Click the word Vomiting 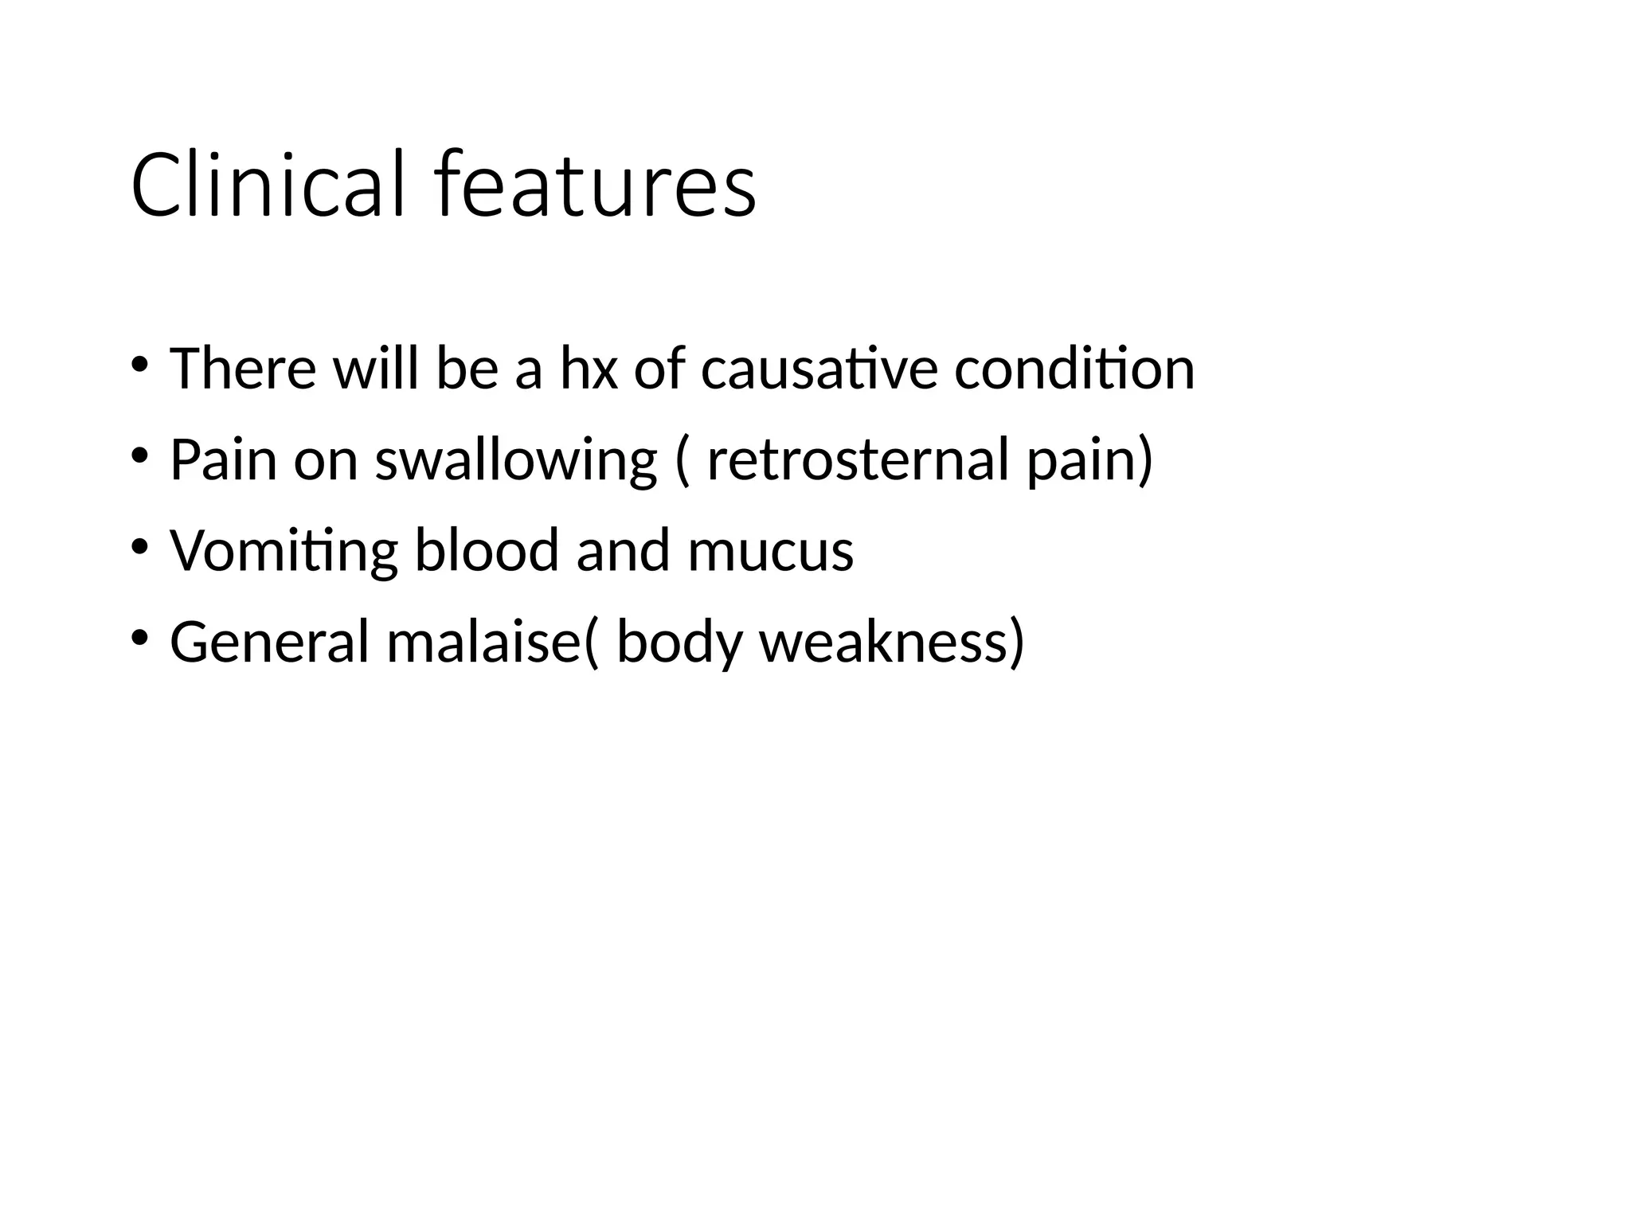click(284, 551)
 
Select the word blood click(487, 551)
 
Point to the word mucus click(770, 551)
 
